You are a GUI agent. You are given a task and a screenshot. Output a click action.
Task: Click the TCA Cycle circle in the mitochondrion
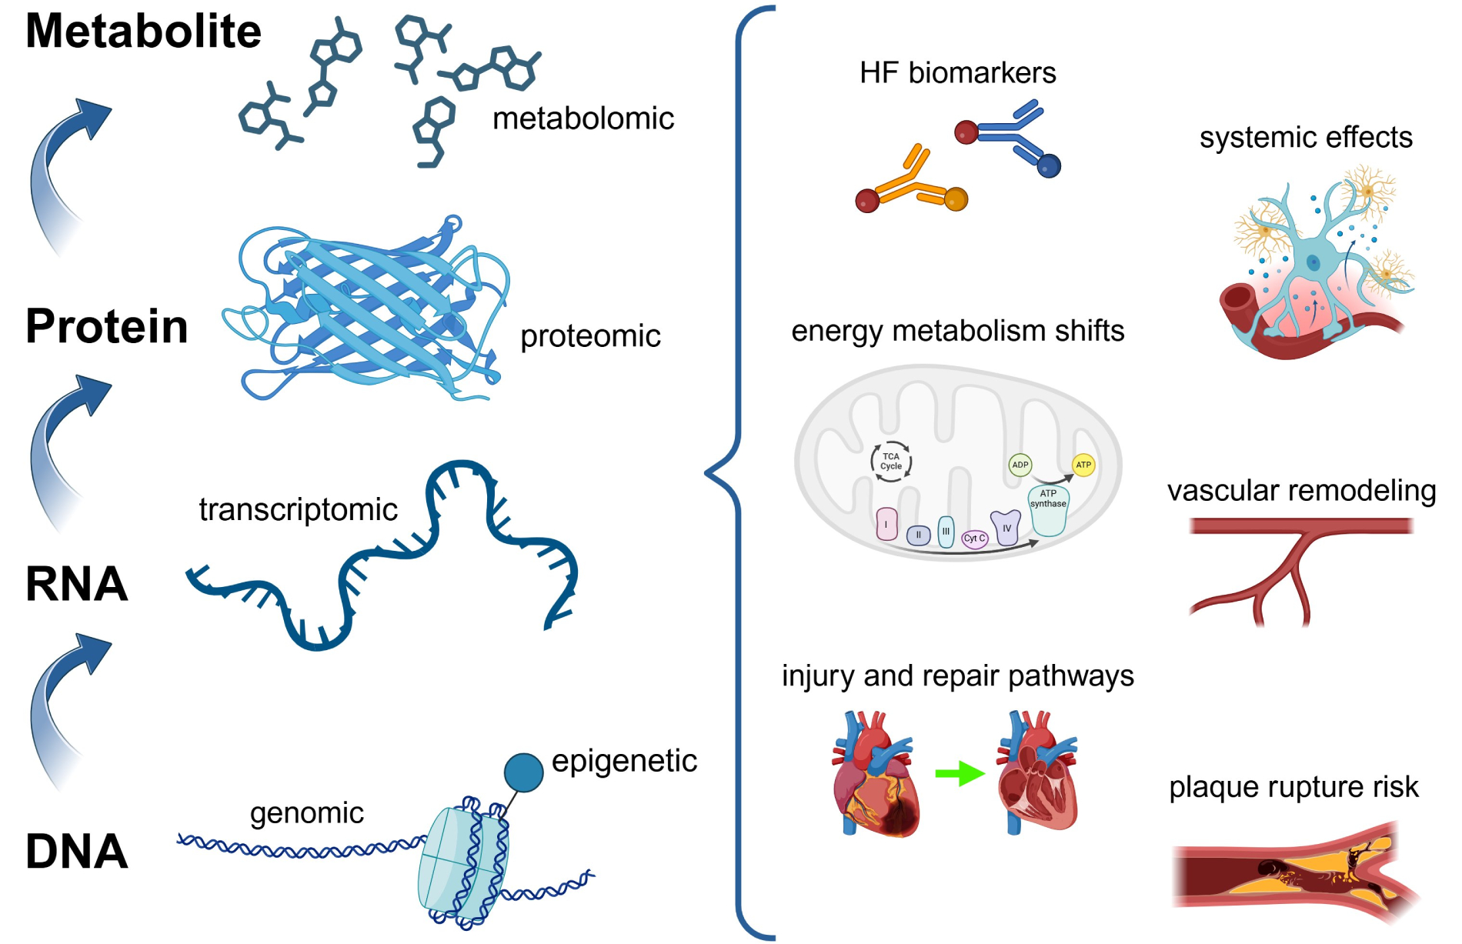pos(890,462)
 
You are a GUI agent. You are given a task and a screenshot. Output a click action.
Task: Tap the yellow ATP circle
pos(1083,465)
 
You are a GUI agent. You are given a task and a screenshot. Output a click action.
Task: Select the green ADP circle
pos(1020,465)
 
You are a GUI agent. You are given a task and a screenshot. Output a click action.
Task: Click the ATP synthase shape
pos(1048,512)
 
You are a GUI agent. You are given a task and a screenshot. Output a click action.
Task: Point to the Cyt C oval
pos(974,539)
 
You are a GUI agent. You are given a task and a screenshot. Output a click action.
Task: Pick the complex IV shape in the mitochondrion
pos(1006,528)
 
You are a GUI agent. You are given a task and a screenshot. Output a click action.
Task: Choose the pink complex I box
pos(886,524)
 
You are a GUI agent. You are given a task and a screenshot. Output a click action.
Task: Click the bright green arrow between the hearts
pos(960,773)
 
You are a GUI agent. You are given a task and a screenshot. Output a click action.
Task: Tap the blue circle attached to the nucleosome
pos(523,772)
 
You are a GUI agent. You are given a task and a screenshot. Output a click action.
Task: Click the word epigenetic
pos(624,761)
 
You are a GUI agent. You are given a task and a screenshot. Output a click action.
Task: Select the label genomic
pos(306,813)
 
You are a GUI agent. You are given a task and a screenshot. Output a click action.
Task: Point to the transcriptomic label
pos(298,509)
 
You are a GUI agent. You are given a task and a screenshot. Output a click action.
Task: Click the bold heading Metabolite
pos(143,32)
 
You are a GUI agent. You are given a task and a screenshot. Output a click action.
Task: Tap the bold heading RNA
pos(76,584)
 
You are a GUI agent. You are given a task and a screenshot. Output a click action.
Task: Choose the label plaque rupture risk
pos(1293,787)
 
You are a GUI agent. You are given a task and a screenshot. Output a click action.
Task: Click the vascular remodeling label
pos(1301,491)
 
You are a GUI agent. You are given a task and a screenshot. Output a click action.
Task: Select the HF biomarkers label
pos(957,73)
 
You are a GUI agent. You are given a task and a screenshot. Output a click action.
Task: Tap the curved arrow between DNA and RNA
pos(65,708)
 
